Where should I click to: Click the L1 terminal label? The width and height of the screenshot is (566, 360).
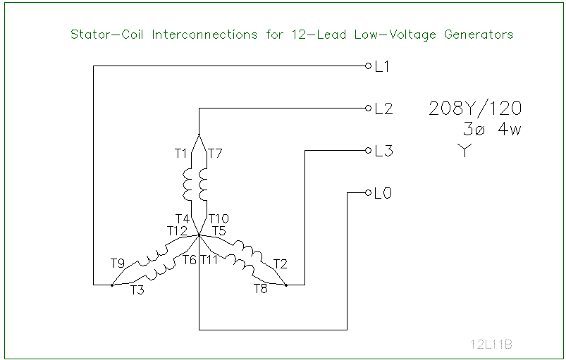[x=383, y=67]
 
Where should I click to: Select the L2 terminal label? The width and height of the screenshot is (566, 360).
[x=383, y=109]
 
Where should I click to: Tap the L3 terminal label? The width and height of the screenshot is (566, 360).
[x=383, y=151]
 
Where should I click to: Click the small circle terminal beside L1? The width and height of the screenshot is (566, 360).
[x=368, y=66]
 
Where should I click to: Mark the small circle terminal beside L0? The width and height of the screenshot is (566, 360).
[x=368, y=192]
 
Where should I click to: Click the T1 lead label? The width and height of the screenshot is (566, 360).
[x=181, y=153]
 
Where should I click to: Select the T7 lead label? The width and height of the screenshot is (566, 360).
[x=216, y=153]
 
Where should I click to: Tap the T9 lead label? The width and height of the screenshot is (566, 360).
[x=118, y=263]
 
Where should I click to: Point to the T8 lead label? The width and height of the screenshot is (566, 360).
[x=261, y=289]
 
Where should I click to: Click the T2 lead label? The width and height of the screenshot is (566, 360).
[x=281, y=264]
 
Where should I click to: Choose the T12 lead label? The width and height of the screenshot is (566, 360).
[x=177, y=230]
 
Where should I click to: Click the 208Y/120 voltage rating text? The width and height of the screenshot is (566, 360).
[x=475, y=109]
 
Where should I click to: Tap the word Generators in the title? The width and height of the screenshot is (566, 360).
[x=479, y=34]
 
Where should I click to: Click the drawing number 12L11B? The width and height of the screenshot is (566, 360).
[x=491, y=345]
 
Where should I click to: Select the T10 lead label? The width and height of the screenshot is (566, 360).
[x=219, y=219]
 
